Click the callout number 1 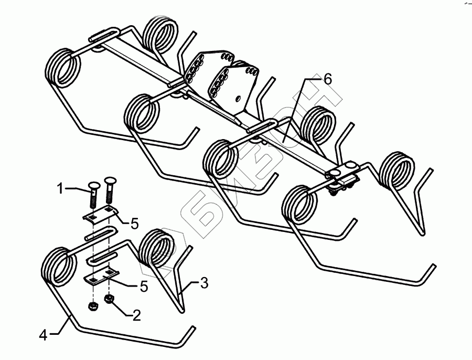coord(61,187)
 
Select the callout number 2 coord(136,315)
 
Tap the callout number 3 coord(204,284)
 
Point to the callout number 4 coord(44,335)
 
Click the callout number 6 coord(327,80)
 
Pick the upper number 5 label coord(134,224)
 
